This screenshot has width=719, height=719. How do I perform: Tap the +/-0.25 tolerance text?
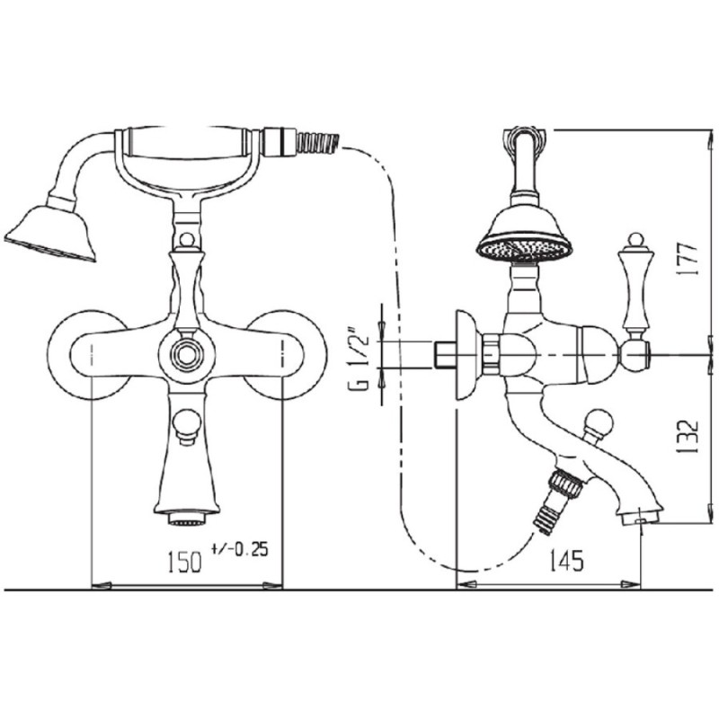(x=240, y=548)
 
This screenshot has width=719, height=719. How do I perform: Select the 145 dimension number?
(x=567, y=560)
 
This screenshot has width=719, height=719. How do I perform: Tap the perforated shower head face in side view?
(x=525, y=250)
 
